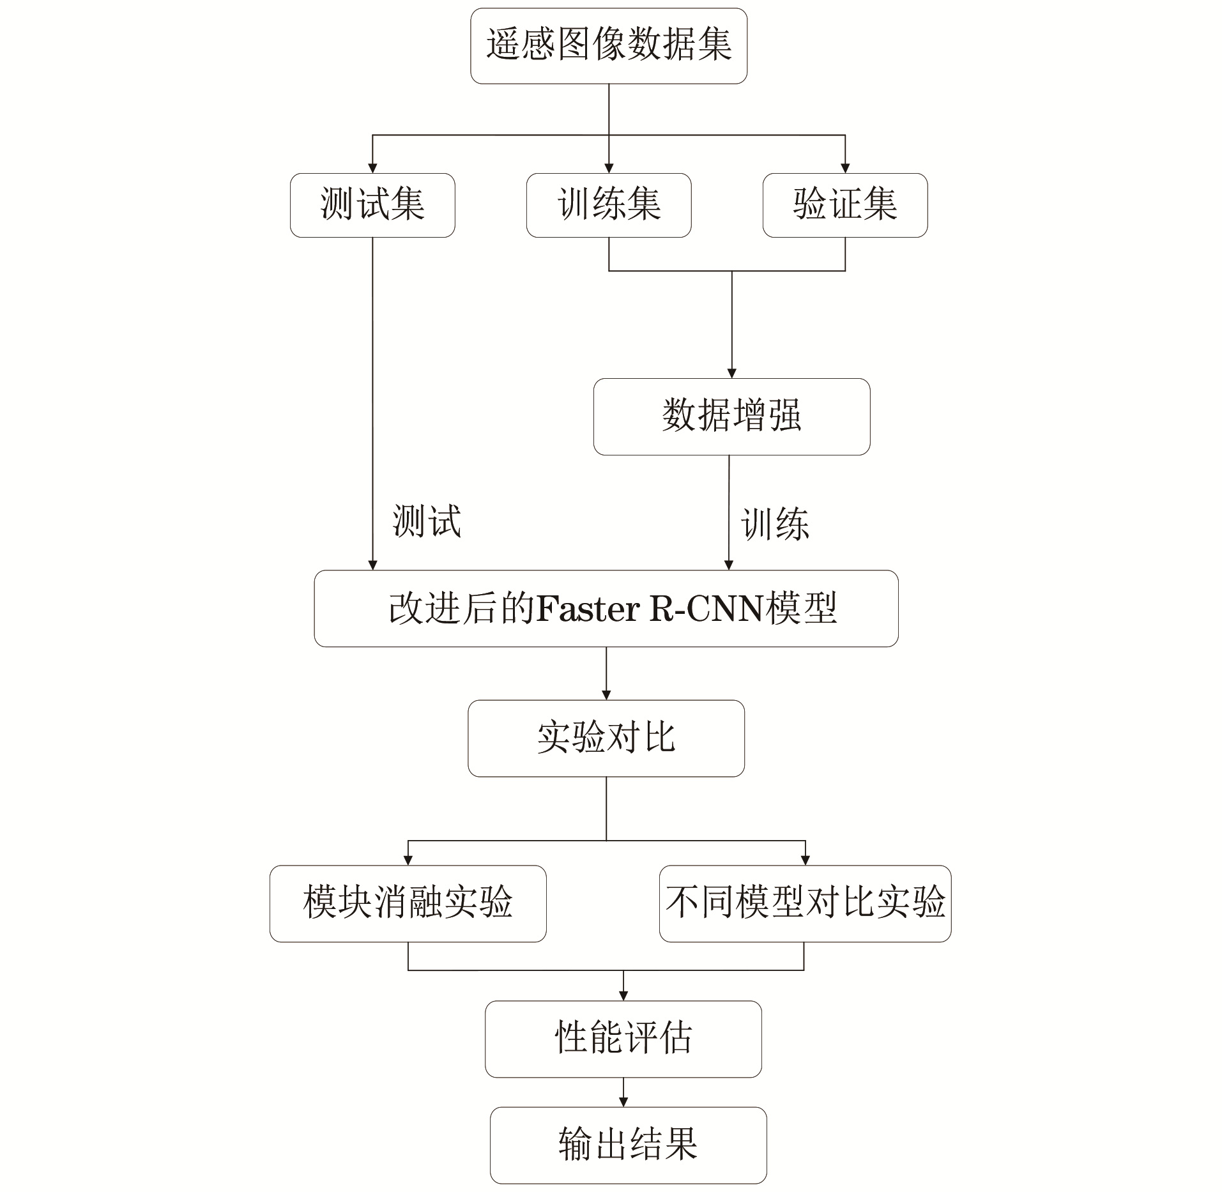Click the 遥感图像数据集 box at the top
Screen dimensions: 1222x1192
[609, 46]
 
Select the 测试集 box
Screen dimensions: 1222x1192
[372, 205]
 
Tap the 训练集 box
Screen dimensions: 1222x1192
[609, 205]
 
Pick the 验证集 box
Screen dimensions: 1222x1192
[845, 205]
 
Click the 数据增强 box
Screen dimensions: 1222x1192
[732, 416]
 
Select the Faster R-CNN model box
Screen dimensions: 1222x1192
[606, 608]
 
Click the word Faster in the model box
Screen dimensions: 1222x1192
[588, 609]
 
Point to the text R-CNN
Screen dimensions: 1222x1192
[706, 609]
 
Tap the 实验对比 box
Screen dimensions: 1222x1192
[606, 738]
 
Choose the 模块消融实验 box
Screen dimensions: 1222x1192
[408, 904]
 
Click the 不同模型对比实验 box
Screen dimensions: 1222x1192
[805, 904]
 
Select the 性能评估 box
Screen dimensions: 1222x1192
[623, 1039]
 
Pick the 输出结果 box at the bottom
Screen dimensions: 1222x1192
[629, 1145]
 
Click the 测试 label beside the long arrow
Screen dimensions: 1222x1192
[427, 521]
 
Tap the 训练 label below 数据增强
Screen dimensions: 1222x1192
[775, 524]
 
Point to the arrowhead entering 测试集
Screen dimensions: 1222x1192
[372, 168]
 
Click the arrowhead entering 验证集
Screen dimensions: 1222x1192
[845, 168]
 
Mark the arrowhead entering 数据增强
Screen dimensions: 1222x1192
[732, 373]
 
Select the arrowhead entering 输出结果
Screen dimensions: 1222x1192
[623, 1102]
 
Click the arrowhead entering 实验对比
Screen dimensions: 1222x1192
[606, 695]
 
